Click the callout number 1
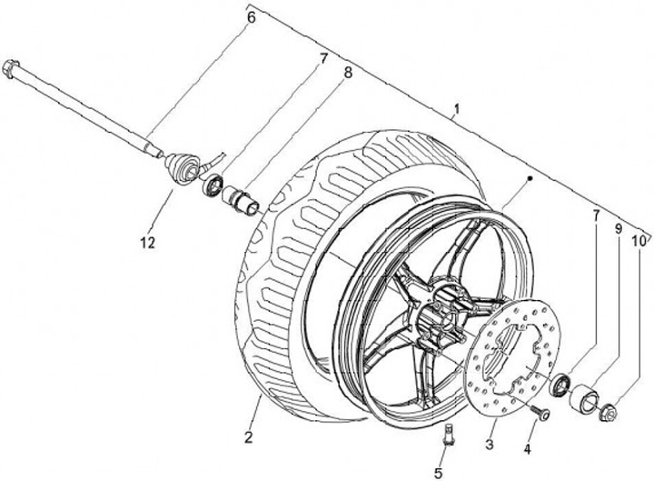[457, 109]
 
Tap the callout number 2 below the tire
[249, 438]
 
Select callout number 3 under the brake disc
[490, 445]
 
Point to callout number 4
[527, 449]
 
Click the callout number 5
[438, 474]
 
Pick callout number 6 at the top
[251, 18]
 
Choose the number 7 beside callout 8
[323, 59]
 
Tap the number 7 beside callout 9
[597, 215]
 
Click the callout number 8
[347, 73]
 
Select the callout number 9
[618, 228]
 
